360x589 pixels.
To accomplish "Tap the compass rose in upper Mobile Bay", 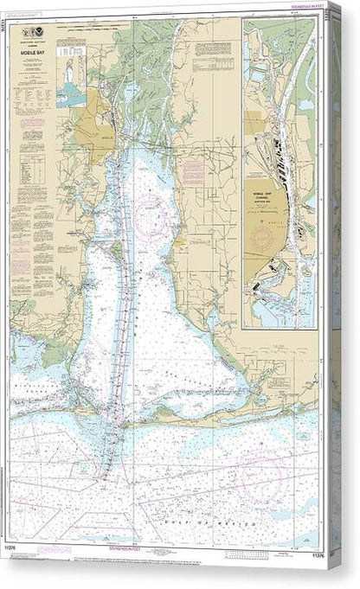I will pyautogui.click(x=148, y=205).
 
